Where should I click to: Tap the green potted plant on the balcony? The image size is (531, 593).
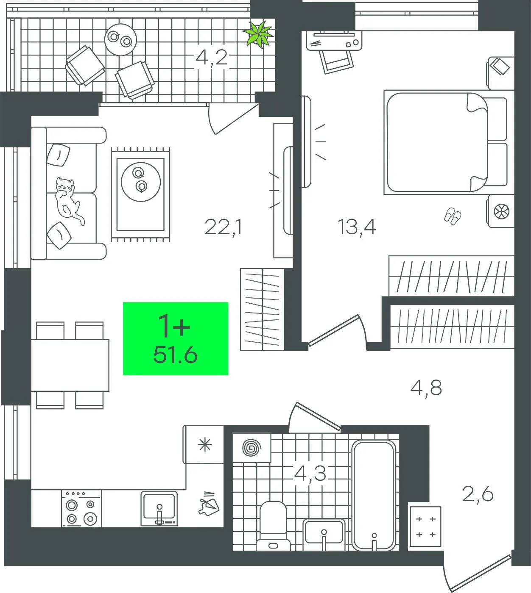point(259,34)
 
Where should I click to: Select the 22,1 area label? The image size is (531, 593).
point(224,227)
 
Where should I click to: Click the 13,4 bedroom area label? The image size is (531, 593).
point(357,227)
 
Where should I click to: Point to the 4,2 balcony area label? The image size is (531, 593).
point(212,58)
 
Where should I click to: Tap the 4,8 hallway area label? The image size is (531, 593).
point(426,388)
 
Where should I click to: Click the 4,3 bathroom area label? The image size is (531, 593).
point(310,474)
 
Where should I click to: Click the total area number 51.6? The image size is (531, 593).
point(175,355)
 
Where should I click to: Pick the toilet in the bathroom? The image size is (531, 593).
point(274,526)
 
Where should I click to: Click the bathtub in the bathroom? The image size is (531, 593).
point(374,496)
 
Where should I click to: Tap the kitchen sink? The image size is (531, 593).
point(159,508)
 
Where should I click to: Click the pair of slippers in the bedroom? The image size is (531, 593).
point(453,216)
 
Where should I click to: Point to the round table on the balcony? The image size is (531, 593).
point(120,39)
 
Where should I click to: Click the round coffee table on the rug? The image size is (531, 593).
point(141,182)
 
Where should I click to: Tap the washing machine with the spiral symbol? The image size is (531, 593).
point(252,448)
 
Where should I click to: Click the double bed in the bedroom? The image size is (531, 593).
point(445,142)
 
